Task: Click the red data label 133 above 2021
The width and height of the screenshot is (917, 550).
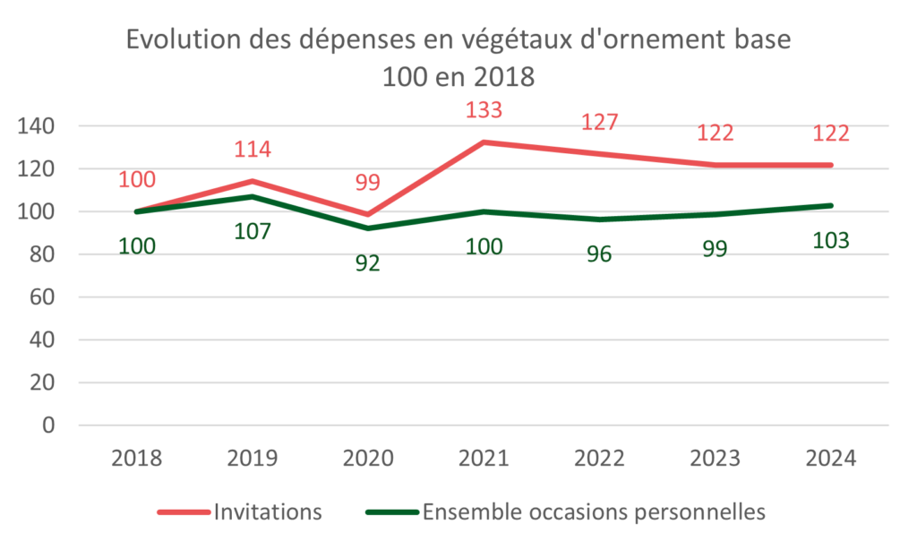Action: click(484, 110)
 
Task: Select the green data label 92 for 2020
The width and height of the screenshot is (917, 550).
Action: click(368, 263)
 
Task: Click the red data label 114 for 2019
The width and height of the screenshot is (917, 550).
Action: click(253, 150)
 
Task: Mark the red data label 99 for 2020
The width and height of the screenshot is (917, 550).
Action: click(368, 183)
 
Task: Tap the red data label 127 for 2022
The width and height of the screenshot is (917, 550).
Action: click(599, 122)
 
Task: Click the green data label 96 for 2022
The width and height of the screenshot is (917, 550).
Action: click(599, 254)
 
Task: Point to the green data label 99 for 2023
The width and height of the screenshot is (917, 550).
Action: click(715, 249)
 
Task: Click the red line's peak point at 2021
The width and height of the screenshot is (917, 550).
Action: click(484, 142)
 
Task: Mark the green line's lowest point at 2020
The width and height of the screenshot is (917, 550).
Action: click(368, 228)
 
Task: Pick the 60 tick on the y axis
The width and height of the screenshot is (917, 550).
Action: click(42, 297)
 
